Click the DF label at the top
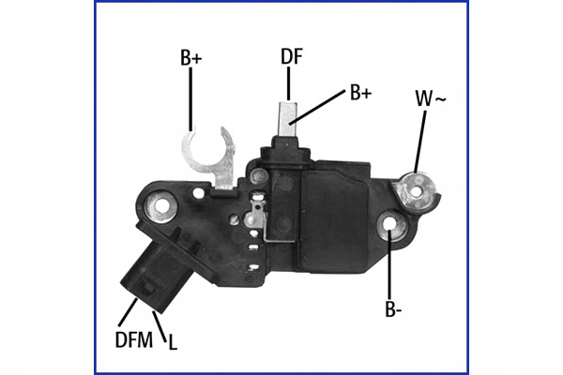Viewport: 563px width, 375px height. click(291, 56)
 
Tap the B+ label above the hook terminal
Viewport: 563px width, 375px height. click(191, 58)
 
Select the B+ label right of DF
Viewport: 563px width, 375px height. click(360, 92)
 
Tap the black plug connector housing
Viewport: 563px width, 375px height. click(154, 274)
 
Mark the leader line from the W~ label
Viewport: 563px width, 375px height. click(420, 141)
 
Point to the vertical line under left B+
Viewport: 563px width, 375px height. click(191, 98)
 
